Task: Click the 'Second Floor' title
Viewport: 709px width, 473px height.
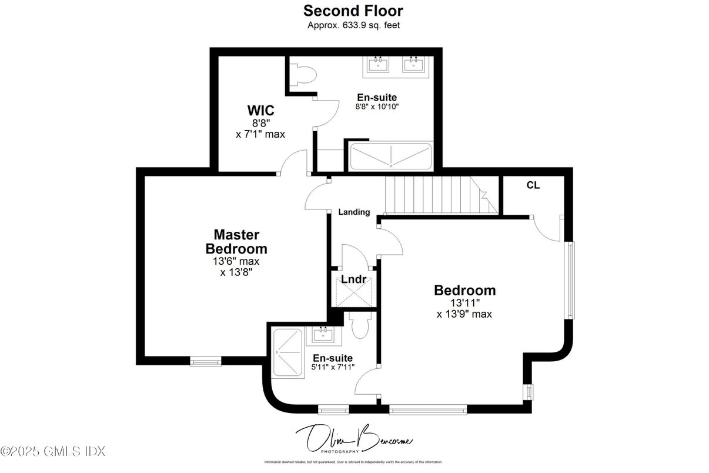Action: pos(353,11)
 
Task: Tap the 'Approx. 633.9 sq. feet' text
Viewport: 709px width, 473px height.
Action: pos(353,25)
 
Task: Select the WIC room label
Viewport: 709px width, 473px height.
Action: pos(260,111)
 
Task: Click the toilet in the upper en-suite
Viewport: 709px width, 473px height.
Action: pos(305,75)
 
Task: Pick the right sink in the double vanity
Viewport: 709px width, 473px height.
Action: pos(415,64)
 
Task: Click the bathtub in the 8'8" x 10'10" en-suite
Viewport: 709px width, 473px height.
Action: pos(391,158)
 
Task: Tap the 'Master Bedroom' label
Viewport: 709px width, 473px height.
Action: pos(236,241)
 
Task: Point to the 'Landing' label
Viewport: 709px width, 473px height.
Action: pos(354,212)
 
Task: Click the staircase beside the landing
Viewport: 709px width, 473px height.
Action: pos(438,195)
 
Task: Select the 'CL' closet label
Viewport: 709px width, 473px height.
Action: pos(533,185)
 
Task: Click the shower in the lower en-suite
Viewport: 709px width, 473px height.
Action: pos(287,353)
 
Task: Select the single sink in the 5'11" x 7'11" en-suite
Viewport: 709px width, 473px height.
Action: pos(323,335)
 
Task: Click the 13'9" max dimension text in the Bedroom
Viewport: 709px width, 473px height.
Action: pos(464,314)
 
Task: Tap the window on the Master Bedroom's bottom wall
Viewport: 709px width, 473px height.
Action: pos(205,361)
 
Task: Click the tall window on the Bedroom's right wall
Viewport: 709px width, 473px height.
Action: pos(568,279)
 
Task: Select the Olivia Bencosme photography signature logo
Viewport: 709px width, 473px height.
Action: pos(353,438)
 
